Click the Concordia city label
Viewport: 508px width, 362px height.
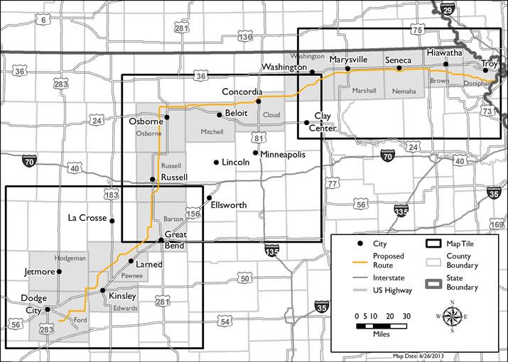click(x=242, y=92)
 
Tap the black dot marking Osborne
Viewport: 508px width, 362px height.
click(x=167, y=117)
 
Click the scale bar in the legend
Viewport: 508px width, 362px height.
click(x=381, y=324)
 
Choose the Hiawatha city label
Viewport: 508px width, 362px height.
click(x=445, y=53)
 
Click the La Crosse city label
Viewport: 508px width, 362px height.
click(x=87, y=217)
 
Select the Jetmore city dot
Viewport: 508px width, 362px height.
click(x=59, y=271)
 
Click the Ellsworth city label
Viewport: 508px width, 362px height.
click(x=229, y=205)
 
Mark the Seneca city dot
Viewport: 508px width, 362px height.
click(x=399, y=69)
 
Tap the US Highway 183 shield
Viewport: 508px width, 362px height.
click(x=110, y=194)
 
